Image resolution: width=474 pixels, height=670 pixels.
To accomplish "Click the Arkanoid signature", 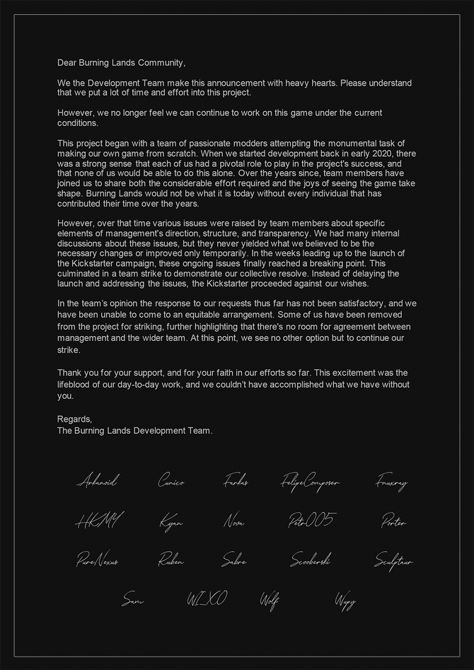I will [x=97, y=482].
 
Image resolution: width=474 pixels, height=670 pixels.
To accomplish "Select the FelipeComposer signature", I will [x=310, y=483].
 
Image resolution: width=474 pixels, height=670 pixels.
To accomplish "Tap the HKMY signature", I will [x=98, y=522].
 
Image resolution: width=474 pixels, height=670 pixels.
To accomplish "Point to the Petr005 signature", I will [x=311, y=521].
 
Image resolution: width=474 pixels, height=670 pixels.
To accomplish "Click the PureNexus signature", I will [x=98, y=561].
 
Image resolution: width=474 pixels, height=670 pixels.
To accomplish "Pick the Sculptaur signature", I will [x=393, y=561].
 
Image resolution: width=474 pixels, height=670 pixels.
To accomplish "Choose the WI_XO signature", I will [x=207, y=600].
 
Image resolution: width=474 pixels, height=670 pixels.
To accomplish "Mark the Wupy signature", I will [x=345, y=601].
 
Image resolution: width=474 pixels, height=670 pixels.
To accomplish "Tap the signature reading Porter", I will [x=393, y=522].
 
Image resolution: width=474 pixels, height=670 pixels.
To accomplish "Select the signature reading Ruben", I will [x=171, y=561].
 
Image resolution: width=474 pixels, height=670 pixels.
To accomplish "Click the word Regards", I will [x=74, y=419].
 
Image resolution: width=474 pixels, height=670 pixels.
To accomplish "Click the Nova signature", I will [x=234, y=522].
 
